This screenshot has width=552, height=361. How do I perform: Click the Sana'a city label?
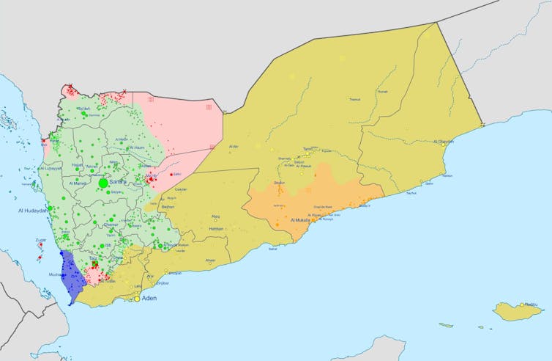point(118,181)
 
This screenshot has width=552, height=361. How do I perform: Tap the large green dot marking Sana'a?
point(103,182)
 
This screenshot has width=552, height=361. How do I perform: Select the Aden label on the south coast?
point(149,299)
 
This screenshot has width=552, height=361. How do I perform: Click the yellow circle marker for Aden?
point(136,299)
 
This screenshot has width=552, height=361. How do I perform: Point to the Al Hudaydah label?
point(34,211)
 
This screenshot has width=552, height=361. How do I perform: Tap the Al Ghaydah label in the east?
point(444,142)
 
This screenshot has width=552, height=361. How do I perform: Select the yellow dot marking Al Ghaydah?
point(444,146)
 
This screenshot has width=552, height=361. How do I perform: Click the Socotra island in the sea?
point(516,311)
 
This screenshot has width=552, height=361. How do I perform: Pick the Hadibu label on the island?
point(531,305)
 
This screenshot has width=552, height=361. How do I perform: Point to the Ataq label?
point(215,216)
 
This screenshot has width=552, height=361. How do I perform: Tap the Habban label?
point(216,230)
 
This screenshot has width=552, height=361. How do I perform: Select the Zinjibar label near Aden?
point(163,282)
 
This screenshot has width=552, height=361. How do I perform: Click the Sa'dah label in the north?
point(85,109)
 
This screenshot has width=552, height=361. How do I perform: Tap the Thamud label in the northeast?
point(355,99)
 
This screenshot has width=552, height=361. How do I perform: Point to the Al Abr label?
point(234,147)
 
